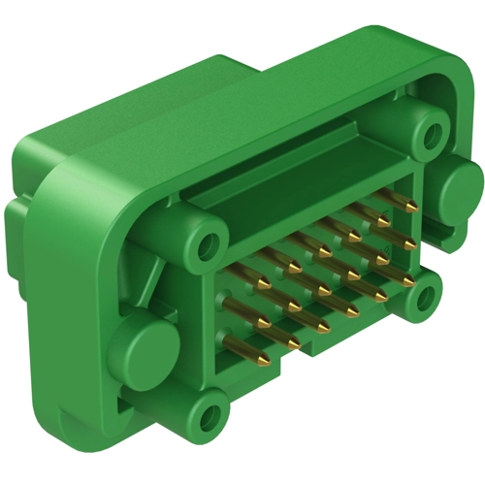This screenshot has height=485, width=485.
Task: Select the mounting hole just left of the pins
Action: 207,242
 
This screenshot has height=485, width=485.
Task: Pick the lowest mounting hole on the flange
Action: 208,420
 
